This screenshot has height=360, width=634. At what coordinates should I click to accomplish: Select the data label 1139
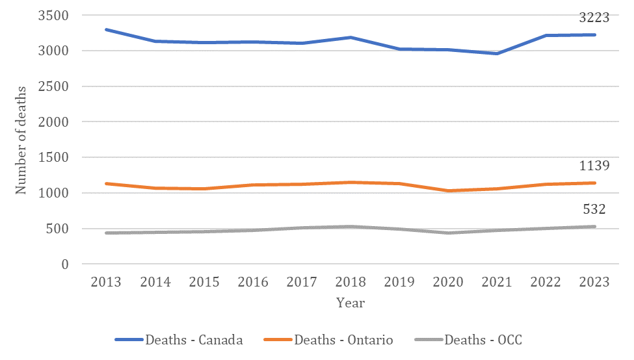pyautogui.click(x=594, y=166)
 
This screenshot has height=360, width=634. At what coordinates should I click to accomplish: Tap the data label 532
pyautogui.click(x=594, y=210)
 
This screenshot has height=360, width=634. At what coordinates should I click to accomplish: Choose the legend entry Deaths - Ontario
pyautogui.click(x=343, y=340)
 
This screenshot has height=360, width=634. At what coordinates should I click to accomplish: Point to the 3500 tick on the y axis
pyautogui.click(x=55, y=15)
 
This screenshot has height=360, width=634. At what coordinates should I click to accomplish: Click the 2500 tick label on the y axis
pyautogui.click(x=55, y=86)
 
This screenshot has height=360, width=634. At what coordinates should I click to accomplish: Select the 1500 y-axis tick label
pyautogui.click(x=55, y=158)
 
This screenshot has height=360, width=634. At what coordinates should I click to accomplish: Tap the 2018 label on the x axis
pyautogui.click(x=350, y=282)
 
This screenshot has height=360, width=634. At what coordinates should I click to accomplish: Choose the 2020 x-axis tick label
pyautogui.click(x=448, y=282)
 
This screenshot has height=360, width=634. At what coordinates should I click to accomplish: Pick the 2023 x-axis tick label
pyautogui.click(x=594, y=282)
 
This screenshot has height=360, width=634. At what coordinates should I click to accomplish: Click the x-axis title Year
pyautogui.click(x=350, y=303)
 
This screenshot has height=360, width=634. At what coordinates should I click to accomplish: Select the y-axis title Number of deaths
pyautogui.click(x=21, y=140)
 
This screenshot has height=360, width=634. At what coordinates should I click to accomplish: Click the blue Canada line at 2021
pyautogui.click(x=497, y=53)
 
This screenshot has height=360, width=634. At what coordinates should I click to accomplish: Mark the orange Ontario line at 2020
pyautogui.click(x=448, y=191)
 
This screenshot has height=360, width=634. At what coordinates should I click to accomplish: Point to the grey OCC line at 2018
pyautogui.click(x=350, y=227)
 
